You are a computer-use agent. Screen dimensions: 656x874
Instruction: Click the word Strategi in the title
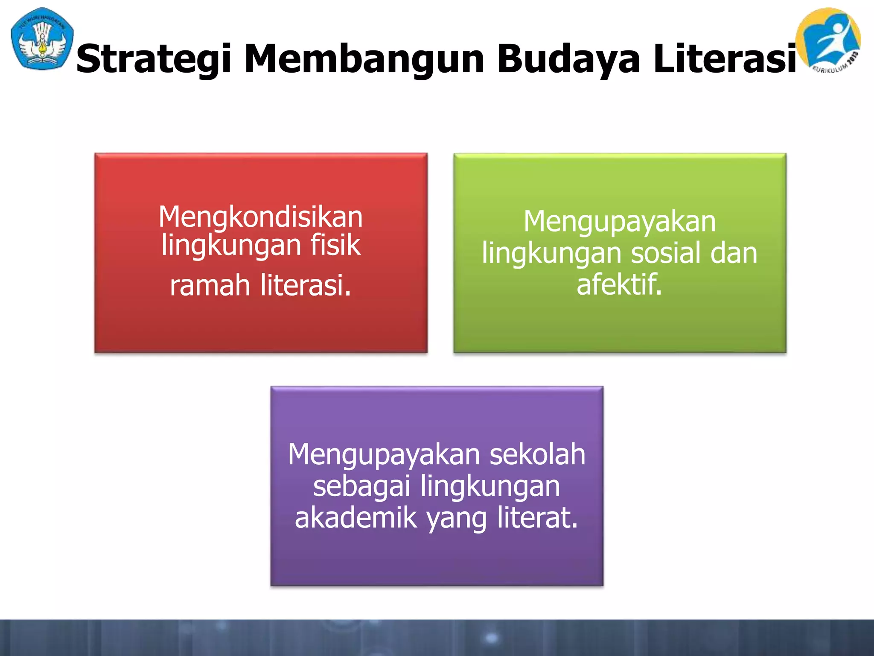[x=154, y=59]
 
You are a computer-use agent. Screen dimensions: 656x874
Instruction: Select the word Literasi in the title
[x=725, y=59]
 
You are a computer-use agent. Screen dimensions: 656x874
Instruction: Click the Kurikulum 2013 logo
[x=828, y=41]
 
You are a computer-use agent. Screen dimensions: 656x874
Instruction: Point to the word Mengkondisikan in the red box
[x=261, y=217]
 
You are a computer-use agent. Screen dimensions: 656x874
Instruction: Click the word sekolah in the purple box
[x=537, y=454]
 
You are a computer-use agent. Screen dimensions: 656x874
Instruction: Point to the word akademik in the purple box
[x=356, y=518]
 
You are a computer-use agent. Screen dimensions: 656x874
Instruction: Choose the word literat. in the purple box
[x=538, y=518]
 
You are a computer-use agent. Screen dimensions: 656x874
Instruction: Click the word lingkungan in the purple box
[x=490, y=487]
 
